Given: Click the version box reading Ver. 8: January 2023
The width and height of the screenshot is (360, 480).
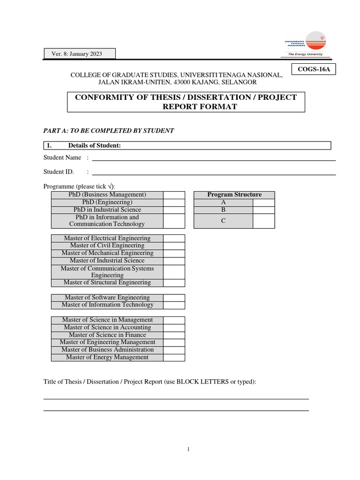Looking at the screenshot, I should [80, 54].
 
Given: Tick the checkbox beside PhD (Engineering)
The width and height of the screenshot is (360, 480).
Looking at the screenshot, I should [174, 202].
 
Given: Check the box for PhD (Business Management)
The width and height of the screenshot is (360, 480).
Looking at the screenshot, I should [174, 195].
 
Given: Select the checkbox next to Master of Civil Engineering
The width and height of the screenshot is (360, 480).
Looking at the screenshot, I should [174, 246].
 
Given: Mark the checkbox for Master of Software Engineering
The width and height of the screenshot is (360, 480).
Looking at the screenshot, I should [174, 298].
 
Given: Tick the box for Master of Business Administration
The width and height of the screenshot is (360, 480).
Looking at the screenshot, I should [174, 350].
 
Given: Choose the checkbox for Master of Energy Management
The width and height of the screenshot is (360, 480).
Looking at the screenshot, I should [174, 357].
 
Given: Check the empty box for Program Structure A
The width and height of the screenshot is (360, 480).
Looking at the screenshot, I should [263, 202].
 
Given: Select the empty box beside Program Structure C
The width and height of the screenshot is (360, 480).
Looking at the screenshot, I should [263, 221].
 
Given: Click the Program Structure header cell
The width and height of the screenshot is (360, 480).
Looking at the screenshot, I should [234, 195].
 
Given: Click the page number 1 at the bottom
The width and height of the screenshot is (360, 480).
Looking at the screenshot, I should [188, 449].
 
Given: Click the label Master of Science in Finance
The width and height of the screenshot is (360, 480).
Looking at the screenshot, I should [107, 335].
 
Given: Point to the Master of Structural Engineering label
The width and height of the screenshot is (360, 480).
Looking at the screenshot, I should [107, 283].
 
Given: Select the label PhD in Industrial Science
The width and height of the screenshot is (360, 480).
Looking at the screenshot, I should [107, 210].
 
